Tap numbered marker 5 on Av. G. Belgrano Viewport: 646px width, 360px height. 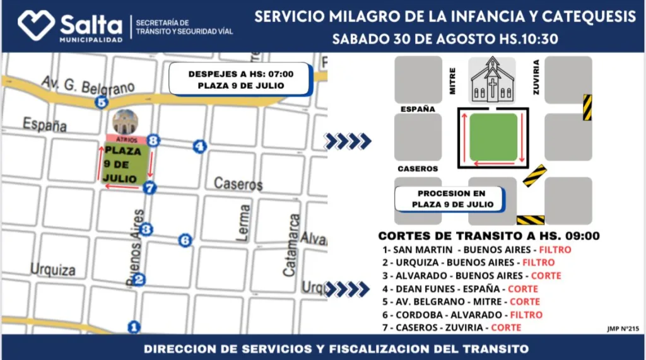[102, 103]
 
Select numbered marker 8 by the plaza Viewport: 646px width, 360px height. [153, 140]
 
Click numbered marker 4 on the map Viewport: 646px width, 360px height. [199, 147]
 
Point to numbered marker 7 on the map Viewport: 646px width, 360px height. [150, 187]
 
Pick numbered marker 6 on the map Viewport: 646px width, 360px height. [185, 240]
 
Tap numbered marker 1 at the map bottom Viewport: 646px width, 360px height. [133, 327]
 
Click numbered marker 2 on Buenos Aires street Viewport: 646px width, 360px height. [139, 280]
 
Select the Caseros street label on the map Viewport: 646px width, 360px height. [238, 184]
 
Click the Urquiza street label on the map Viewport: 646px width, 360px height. [53, 270]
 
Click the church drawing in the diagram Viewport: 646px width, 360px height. [492, 79]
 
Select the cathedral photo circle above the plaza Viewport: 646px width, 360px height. [125, 122]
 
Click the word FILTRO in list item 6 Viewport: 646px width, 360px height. [526, 315]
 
